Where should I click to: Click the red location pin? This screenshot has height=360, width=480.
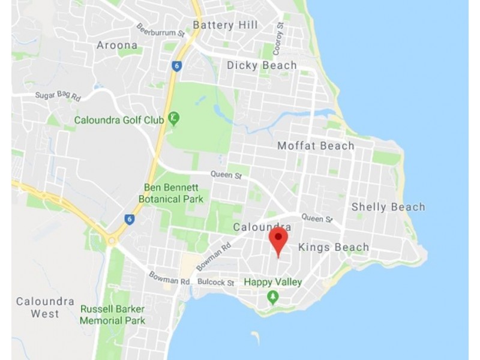tap(278, 240)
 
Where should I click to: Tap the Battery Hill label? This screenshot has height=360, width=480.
tap(225, 25)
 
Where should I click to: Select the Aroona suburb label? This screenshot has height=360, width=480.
tap(117, 45)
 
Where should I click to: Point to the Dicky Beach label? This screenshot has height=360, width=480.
tap(262, 65)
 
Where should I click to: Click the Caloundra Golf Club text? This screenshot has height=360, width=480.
tap(119, 120)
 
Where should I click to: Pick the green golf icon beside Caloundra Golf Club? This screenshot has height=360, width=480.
tap(173, 118)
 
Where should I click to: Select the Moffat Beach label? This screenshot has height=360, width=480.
tap(316, 146)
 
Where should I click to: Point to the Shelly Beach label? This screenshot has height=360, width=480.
tap(388, 207)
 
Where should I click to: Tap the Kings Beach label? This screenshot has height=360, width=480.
tap(333, 247)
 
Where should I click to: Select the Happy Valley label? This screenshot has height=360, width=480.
tap(272, 282)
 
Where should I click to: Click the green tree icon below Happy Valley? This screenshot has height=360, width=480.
tap(273, 296)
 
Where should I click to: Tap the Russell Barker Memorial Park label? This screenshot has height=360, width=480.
tap(113, 315)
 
